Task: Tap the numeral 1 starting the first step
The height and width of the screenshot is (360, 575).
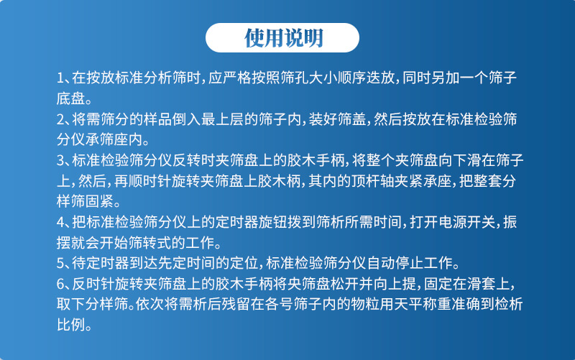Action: [x=60, y=77]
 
